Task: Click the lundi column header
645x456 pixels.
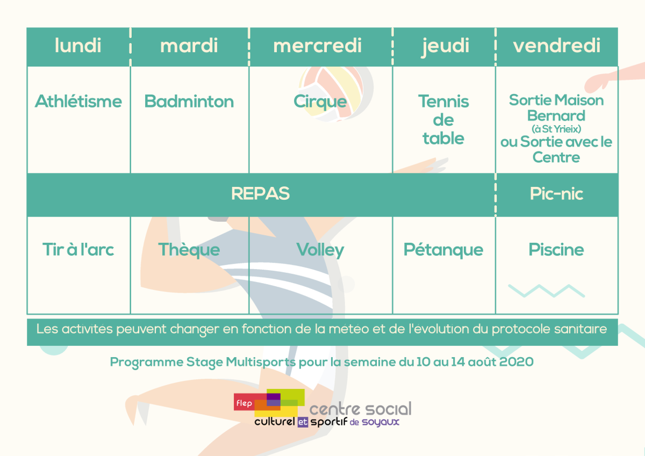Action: (x=78, y=46)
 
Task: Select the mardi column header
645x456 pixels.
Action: (x=189, y=46)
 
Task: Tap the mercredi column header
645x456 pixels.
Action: (x=317, y=46)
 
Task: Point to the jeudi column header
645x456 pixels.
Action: (x=446, y=47)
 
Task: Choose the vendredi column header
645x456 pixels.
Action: (x=557, y=46)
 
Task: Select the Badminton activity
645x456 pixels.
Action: (x=189, y=102)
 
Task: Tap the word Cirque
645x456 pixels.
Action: (x=320, y=102)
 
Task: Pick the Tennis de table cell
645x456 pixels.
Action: (x=443, y=120)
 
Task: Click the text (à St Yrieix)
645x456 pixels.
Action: (x=556, y=129)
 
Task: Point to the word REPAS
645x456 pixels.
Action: (x=260, y=193)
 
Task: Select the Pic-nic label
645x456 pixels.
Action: (x=557, y=193)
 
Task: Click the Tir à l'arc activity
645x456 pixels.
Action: (x=78, y=249)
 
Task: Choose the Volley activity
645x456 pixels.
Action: (x=320, y=250)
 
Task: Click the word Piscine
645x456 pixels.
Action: (x=556, y=249)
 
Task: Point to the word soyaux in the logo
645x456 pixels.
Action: (x=381, y=422)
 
